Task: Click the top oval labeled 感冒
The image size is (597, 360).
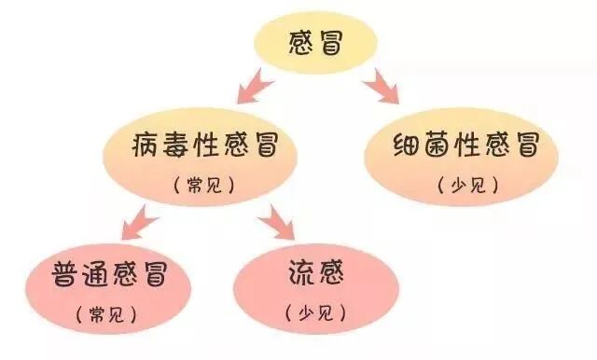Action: tap(316, 44)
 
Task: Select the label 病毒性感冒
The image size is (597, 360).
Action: tap(202, 146)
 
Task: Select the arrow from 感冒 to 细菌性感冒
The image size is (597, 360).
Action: tap(381, 87)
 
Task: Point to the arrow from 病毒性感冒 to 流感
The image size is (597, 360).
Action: tap(276, 222)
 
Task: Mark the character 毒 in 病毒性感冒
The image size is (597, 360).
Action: tap(175, 146)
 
